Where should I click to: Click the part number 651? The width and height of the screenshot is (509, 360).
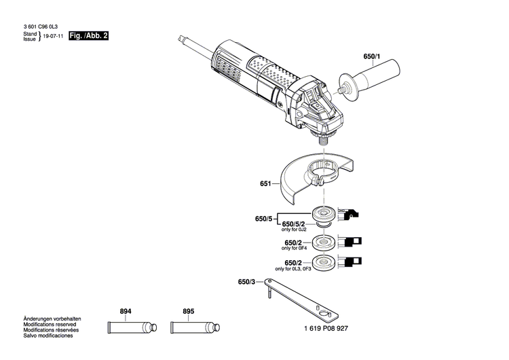click(x=265, y=184)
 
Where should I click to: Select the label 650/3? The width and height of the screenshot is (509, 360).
click(x=247, y=282)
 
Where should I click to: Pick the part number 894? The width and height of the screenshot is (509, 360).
click(x=126, y=311)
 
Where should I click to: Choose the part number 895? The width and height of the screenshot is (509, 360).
click(x=188, y=311)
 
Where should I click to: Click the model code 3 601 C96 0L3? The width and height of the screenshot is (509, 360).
click(x=40, y=26)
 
